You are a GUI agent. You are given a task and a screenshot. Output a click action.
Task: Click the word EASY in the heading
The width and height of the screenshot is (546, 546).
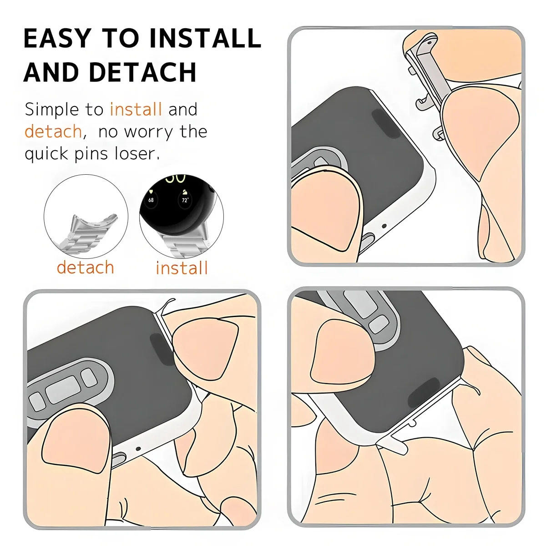(x=57, y=38)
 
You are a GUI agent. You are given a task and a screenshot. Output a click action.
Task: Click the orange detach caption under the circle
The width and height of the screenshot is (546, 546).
(x=85, y=268)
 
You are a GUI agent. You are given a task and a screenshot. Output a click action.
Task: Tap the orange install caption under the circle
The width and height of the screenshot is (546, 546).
(x=182, y=268)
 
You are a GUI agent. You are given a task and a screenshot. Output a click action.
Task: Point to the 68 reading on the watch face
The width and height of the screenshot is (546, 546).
(x=151, y=200)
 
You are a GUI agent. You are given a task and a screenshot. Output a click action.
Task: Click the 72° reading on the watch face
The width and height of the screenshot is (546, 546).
(x=185, y=200)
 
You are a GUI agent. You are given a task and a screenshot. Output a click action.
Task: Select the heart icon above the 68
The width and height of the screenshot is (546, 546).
(x=151, y=192)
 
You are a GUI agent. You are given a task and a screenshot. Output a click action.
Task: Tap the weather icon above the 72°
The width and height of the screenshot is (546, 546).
(x=185, y=192)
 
